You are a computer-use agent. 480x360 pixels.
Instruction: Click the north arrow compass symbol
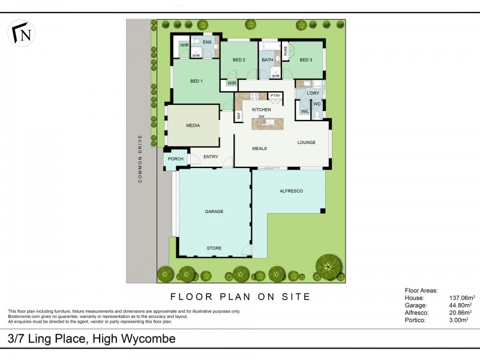tap(22, 33)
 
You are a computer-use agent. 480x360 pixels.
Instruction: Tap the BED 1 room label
tap(196, 81)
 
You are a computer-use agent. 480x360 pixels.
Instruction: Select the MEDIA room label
tap(193, 125)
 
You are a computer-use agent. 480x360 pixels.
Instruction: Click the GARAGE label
tap(214, 212)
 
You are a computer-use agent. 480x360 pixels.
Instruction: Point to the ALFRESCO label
tap(292, 191)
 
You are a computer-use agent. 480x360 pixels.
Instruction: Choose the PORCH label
tap(175, 159)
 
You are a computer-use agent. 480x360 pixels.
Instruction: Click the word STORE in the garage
tap(214, 248)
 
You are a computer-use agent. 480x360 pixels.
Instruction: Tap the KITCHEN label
tap(262, 110)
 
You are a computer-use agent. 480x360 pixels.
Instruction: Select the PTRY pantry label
tap(275, 96)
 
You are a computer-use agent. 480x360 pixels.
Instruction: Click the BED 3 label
tap(306, 60)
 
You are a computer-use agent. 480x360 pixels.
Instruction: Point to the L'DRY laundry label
tap(313, 94)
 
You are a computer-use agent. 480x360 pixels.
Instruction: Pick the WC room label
tap(317, 104)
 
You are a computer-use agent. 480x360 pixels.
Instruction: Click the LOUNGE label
tap(307, 142)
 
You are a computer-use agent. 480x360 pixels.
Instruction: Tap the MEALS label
tap(259, 148)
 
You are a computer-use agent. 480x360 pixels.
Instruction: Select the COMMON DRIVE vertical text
tap(140, 158)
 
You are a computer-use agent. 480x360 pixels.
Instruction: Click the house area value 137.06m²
tap(462, 298)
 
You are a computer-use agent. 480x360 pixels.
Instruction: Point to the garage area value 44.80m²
tap(462, 305)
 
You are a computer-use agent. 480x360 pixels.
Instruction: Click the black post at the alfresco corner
tap(323, 211)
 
